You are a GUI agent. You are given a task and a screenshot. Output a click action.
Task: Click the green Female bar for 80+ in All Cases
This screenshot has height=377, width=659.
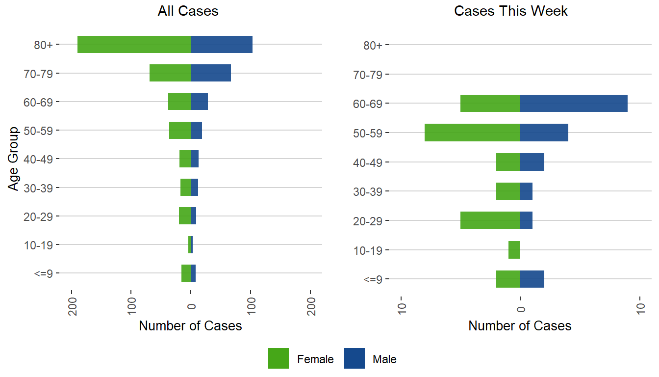[134, 45]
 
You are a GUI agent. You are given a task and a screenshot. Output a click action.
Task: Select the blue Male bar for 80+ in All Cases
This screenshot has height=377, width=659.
[221, 45]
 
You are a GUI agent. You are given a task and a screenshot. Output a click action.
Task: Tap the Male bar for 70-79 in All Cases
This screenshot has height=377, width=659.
[210, 73]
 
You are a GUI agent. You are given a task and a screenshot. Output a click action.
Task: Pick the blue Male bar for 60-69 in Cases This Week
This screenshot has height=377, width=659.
[574, 103]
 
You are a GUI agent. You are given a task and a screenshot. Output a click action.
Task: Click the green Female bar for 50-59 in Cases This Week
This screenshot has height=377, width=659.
[472, 133]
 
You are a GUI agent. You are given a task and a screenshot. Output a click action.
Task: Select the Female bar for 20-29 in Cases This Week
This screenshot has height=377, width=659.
[490, 220]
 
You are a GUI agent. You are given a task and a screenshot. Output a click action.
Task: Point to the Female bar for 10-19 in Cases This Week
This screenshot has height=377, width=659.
[514, 250]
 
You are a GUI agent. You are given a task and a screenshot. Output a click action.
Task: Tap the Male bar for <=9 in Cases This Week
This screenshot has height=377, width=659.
[532, 279]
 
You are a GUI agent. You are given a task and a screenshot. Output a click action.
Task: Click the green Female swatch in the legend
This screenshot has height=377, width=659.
[279, 358]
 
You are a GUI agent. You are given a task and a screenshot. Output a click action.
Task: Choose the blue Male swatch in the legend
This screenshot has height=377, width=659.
[354, 358]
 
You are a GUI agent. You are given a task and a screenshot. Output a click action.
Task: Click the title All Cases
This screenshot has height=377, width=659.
[188, 11]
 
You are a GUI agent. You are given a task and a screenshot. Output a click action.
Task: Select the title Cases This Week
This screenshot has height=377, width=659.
[511, 11]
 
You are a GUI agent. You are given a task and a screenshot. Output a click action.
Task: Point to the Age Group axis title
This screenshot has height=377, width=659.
[14, 159]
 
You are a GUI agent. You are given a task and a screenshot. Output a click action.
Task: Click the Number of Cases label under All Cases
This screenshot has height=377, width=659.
[190, 326]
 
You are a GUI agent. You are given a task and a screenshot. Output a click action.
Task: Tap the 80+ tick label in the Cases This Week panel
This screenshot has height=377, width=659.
[374, 46]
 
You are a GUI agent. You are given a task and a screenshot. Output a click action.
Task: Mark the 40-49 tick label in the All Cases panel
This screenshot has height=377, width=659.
[38, 159]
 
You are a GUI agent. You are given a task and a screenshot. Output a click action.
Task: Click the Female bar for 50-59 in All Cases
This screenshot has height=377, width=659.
[179, 131]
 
